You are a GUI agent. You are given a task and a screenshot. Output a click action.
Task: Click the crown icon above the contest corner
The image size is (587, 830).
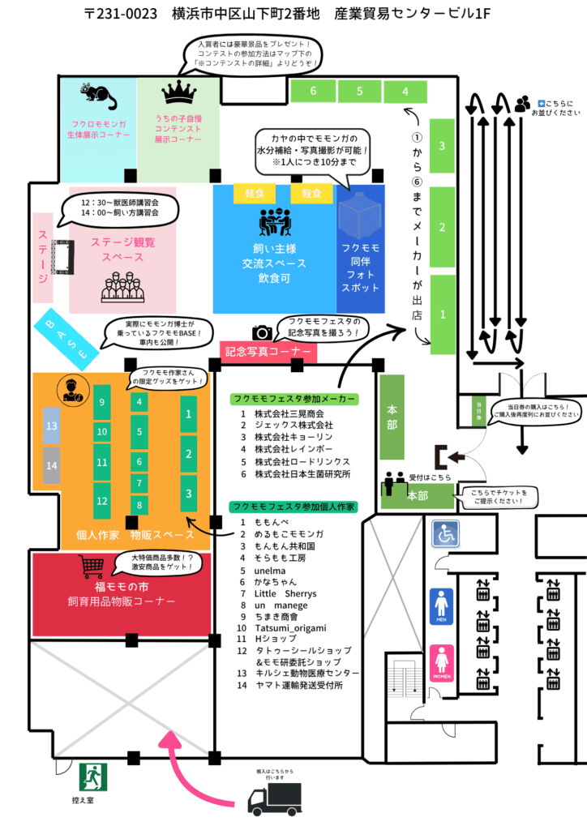[178, 93]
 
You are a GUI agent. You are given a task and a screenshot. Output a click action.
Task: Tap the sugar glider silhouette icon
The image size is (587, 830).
[101, 96]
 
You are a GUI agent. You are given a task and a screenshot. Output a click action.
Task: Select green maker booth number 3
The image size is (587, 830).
[442, 147]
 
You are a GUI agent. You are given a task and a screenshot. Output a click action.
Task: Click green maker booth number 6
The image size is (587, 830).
[313, 91]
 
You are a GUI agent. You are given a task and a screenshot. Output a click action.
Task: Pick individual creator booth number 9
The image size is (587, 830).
[101, 402]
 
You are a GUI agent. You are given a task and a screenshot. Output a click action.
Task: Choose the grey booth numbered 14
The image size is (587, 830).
[52, 465]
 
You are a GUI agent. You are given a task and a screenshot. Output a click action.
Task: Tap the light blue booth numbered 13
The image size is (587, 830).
[52, 426]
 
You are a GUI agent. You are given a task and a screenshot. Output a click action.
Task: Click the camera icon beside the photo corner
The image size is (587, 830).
[262, 332]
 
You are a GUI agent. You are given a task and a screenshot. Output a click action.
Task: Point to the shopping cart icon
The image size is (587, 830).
[92, 567]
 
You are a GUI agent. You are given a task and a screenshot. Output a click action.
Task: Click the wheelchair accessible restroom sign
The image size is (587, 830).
[445, 533]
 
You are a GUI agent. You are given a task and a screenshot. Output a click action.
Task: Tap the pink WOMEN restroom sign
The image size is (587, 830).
[442, 663]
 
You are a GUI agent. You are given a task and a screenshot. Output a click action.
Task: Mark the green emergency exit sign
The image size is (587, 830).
[92, 777]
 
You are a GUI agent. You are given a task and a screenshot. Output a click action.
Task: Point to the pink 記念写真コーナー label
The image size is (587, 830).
[268, 351]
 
